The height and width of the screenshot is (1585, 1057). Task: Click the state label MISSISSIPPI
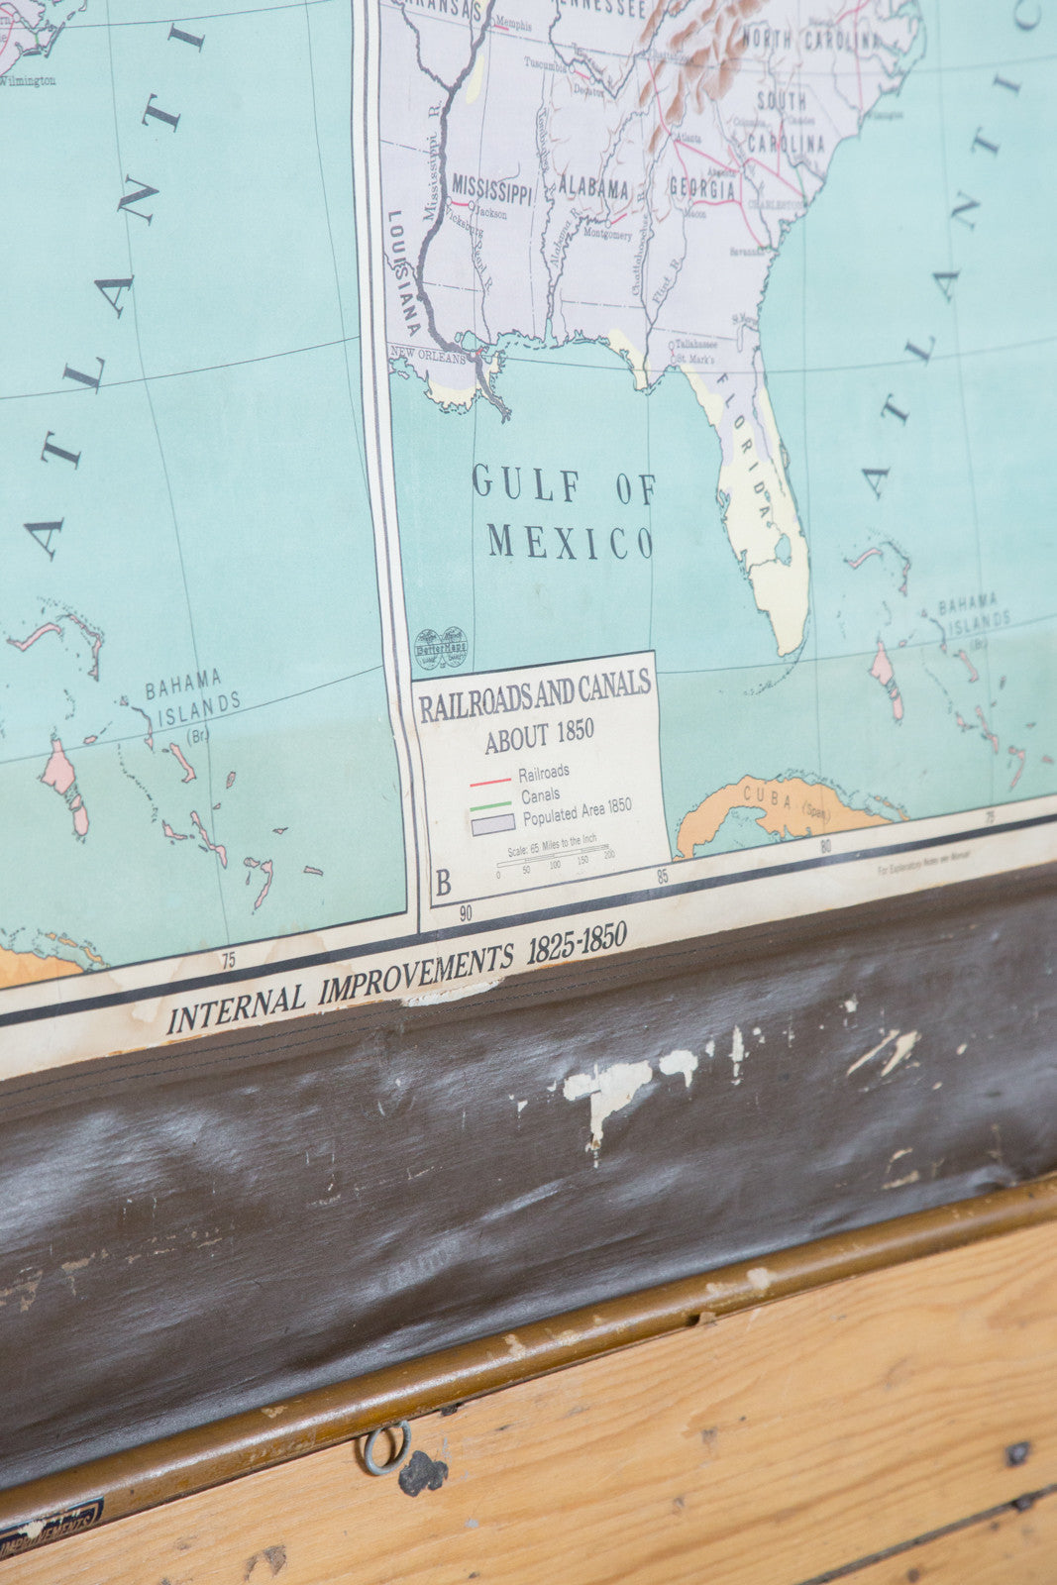point(492,186)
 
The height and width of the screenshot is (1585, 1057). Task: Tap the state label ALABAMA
point(592,187)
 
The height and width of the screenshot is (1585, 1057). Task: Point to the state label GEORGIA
point(702,188)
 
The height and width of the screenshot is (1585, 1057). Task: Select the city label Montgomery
point(607,235)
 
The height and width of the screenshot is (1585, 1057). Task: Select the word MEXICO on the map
point(570,542)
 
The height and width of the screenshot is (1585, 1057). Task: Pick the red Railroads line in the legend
point(489,781)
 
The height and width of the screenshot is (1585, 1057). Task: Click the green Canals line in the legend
point(490,804)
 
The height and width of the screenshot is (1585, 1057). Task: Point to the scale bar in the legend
point(553,858)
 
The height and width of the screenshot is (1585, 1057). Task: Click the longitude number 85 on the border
point(662,877)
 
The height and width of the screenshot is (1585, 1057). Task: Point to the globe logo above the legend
point(440,648)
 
